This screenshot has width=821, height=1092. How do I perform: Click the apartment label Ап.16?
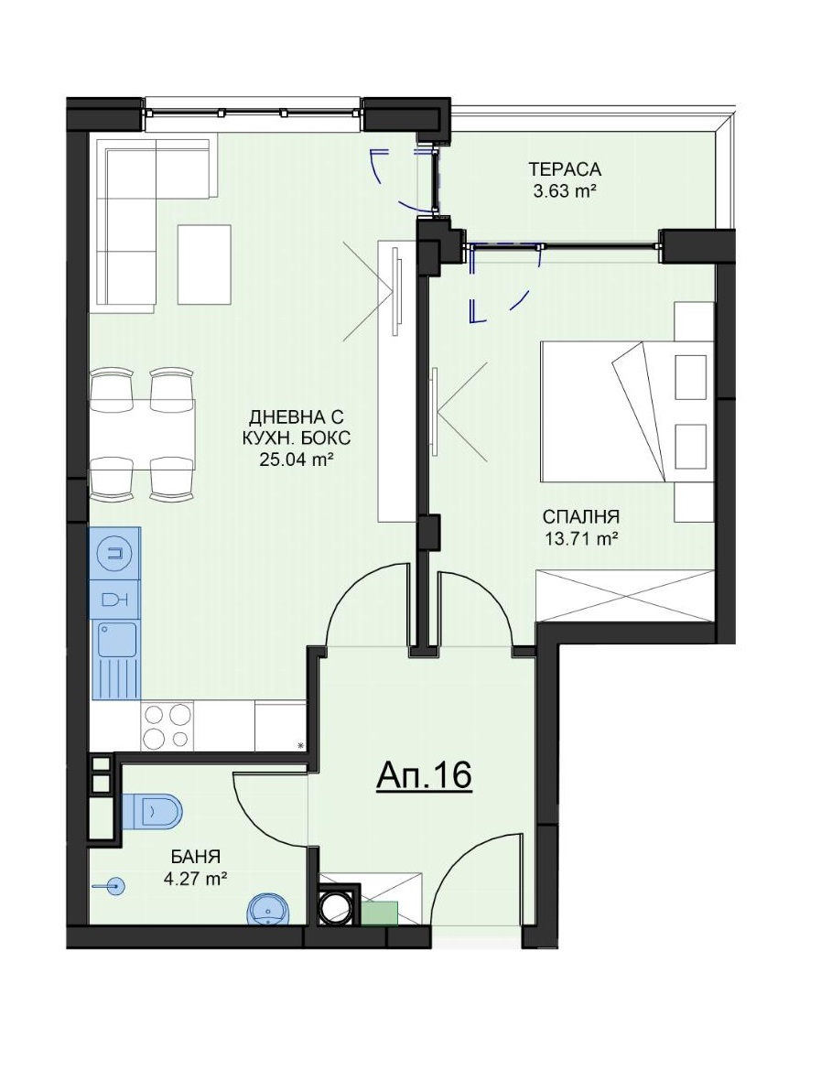tap(424, 775)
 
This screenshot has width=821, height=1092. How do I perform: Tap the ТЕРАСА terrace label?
tap(565, 169)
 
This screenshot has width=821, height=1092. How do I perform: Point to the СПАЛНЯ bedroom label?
tap(581, 517)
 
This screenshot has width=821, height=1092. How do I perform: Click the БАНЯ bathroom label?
tap(196, 857)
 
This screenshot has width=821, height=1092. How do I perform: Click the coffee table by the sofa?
tap(204, 265)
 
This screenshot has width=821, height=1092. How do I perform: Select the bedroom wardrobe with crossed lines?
tap(625, 596)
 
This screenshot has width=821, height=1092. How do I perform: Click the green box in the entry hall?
tap(378, 913)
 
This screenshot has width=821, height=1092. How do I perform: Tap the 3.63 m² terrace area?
tap(565, 190)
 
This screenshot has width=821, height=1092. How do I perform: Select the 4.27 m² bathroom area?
tap(196, 878)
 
